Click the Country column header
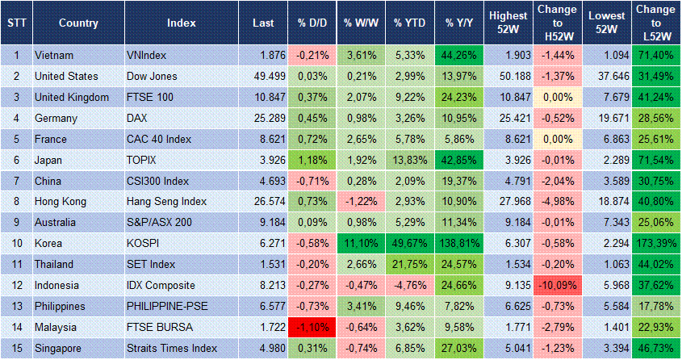(78, 23)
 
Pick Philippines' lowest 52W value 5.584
(606, 307)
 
